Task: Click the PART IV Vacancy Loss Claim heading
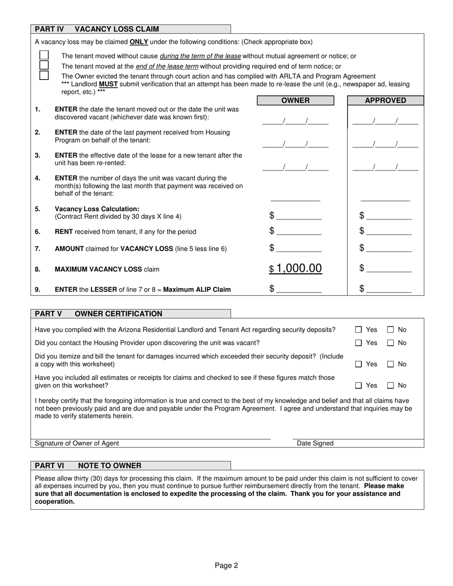click(97, 29)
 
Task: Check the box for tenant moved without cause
click(44, 55)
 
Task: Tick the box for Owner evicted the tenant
click(44, 75)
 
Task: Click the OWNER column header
click(295, 101)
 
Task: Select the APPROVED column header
click(385, 101)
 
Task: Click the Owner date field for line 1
click(295, 121)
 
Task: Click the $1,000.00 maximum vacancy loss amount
click(295, 269)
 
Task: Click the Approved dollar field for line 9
click(389, 289)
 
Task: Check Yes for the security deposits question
click(359, 330)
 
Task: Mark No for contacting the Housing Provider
click(391, 343)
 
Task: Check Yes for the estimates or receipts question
click(359, 385)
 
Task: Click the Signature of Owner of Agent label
click(77, 443)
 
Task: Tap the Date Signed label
click(315, 443)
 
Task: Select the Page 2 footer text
click(226, 566)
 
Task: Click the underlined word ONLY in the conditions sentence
click(139, 42)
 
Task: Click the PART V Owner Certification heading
click(98, 313)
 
